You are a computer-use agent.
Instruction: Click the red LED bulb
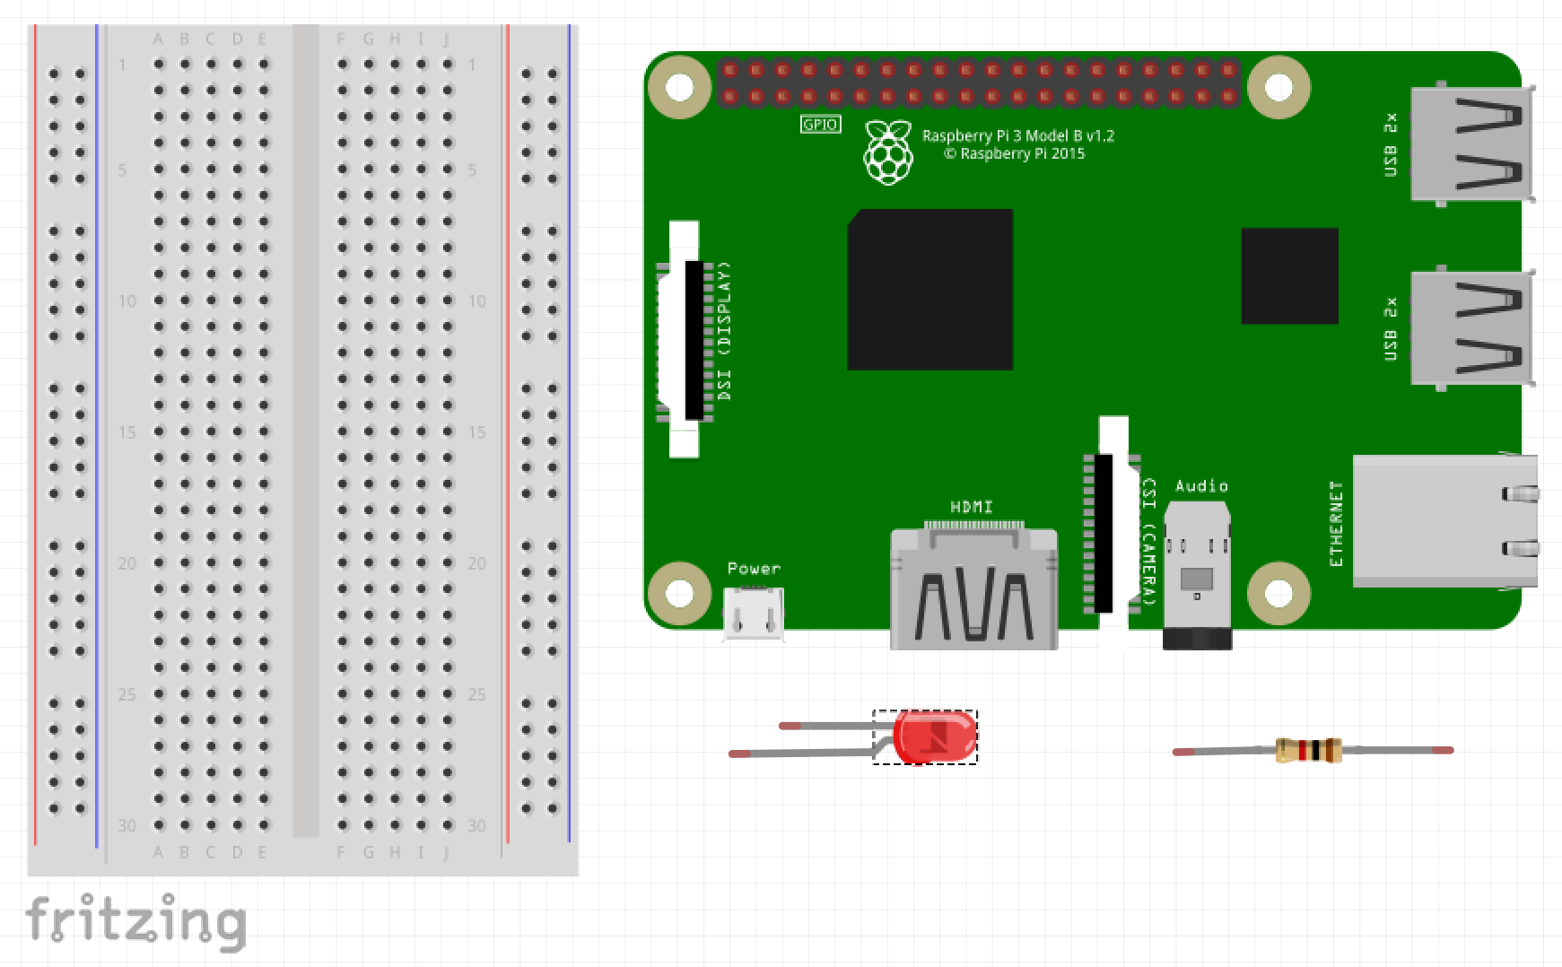click(x=934, y=736)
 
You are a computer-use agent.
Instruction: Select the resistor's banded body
click(x=1308, y=750)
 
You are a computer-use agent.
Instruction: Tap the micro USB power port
click(x=754, y=614)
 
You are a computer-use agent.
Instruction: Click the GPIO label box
click(x=820, y=125)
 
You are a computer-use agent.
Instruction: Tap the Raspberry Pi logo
click(x=888, y=153)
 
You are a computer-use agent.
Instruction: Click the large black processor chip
click(x=930, y=290)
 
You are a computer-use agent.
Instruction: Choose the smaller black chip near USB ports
click(x=1289, y=275)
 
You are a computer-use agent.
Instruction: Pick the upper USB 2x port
click(x=1470, y=144)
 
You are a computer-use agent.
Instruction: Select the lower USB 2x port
click(x=1470, y=328)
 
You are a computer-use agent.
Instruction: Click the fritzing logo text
click(x=135, y=921)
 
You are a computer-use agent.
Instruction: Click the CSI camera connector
click(x=1109, y=533)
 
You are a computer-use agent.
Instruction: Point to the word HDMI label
click(x=972, y=508)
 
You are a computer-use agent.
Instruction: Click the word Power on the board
click(x=754, y=569)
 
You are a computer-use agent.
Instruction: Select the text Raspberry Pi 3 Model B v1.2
click(x=1017, y=135)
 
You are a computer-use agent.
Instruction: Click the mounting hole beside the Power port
click(x=679, y=593)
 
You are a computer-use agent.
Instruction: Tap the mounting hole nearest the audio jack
click(x=1278, y=593)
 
